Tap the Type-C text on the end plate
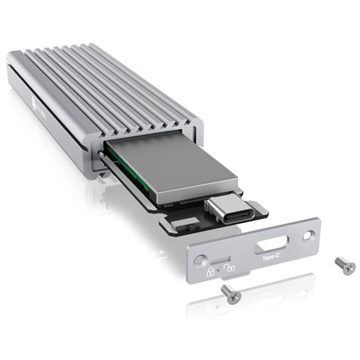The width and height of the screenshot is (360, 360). pyautogui.click(x=270, y=258)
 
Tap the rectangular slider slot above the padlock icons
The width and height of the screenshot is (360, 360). pyautogui.click(x=218, y=260)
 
